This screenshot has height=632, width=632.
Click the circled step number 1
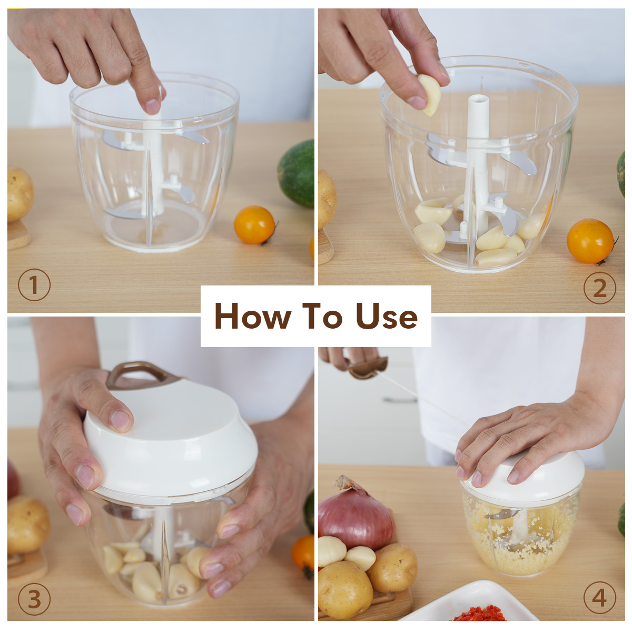(34, 284)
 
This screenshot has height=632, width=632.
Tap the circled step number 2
(599, 288)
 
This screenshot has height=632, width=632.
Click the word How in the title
(253, 316)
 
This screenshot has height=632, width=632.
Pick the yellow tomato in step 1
(254, 225)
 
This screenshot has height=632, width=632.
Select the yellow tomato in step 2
(590, 241)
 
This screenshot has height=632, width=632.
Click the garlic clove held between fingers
(430, 95)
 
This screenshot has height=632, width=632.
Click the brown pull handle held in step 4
(368, 368)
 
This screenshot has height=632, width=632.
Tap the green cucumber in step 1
(297, 173)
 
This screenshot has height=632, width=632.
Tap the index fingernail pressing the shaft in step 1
(153, 106)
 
